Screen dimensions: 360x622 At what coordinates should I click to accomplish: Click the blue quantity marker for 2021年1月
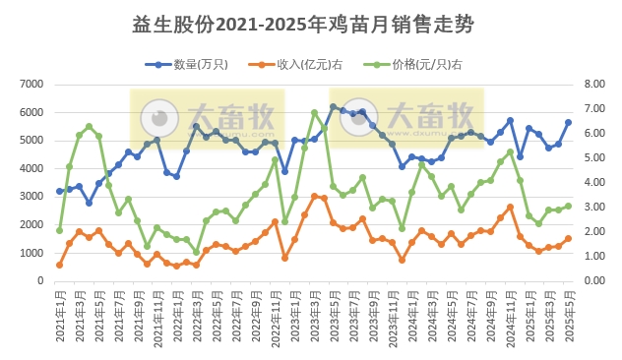pos(60,191)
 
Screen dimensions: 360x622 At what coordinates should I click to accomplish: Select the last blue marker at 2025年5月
pos(568,123)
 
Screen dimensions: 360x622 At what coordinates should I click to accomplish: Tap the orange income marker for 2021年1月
pos(60,265)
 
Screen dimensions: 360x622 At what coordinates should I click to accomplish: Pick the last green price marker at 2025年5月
pos(568,206)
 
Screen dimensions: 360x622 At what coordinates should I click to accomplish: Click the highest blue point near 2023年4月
pos(334,106)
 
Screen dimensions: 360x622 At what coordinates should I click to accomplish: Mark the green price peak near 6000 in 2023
pos(314,112)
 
